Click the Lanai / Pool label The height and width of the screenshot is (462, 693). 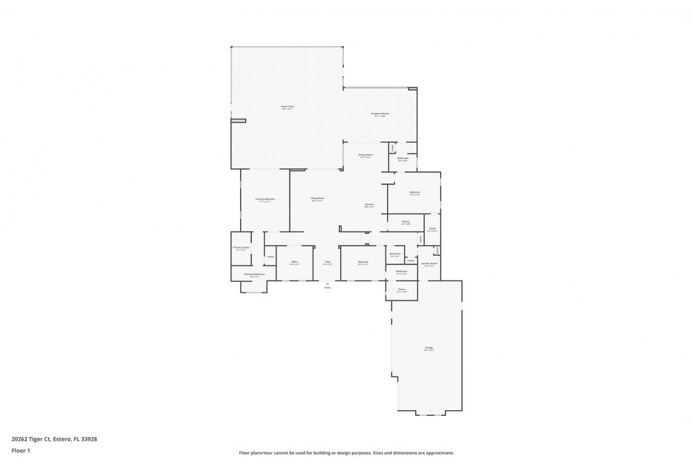[287, 106]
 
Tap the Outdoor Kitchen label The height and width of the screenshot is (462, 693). [380, 114]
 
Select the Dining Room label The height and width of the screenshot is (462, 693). [365, 155]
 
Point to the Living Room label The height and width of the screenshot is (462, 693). [317, 198]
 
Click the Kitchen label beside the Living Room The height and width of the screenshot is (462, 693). [370, 205]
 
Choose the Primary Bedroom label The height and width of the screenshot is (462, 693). [265, 199]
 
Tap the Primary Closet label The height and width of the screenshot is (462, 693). [241, 247]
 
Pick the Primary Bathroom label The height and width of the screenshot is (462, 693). [254, 274]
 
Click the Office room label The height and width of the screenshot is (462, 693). [295, 262]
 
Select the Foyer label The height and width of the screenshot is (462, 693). [327, 262]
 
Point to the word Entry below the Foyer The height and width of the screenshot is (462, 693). [327, 287]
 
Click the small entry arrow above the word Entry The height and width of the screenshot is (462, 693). [327, 283]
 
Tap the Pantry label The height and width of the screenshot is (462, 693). [406, 221]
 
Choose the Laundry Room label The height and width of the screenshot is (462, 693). [429, 263]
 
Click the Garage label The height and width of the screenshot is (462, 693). [428, 348]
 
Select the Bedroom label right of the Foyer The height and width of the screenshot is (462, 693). [363, 262]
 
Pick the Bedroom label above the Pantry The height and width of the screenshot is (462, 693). [415, 192]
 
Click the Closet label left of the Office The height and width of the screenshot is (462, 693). [270, 257]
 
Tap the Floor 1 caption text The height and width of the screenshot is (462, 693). [21, 450]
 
